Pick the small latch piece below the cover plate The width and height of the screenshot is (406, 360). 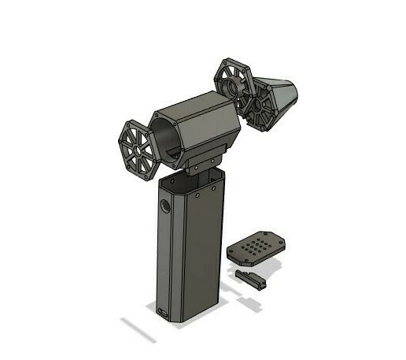(251, 279)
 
